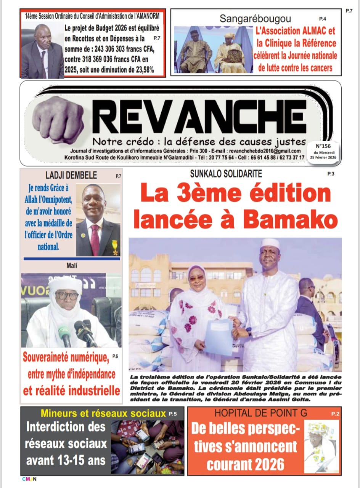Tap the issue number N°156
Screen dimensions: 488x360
322,146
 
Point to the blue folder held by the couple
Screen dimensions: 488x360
219,337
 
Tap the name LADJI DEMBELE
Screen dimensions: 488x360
71,175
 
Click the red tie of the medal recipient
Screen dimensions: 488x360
95,239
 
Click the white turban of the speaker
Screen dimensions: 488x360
66,284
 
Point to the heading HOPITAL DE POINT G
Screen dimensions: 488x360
260,413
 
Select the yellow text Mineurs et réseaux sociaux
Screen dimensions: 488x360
103,413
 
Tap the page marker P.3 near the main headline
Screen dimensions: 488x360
330,174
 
